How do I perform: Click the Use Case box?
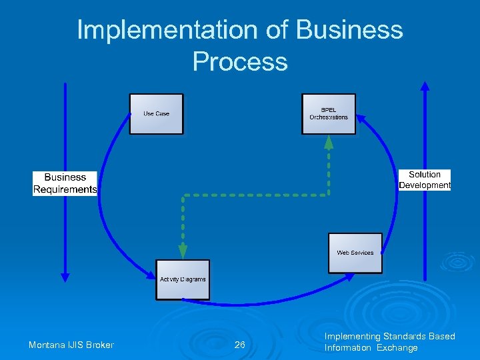[x=156, y=114]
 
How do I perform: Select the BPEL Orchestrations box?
[x=329, y=114]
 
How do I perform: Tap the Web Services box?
[x=355, y=253]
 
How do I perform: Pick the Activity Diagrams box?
[x=183, y=279]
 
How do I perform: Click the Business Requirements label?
[x=65, y=183]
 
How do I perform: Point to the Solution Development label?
[x=425, y=180]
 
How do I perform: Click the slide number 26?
[x=240, y=345]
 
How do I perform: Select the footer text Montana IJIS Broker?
[x=71, y=345]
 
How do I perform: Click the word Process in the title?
[x=240, y=61]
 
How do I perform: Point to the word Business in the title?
[x=349, y=30]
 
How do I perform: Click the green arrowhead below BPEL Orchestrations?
[x=329, y=141]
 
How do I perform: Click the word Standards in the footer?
[x=407, y=337]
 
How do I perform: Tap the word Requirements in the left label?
[x=65, y=189]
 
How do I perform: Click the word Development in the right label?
[x=425, y=185]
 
